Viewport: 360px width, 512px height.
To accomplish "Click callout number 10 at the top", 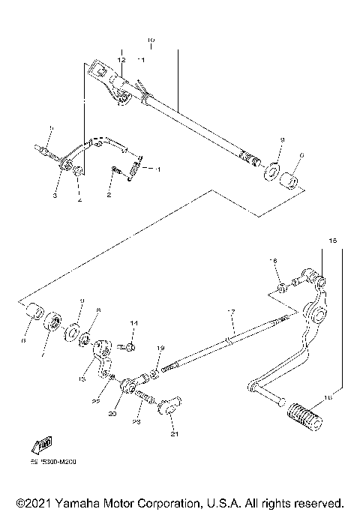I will tap(150, 40).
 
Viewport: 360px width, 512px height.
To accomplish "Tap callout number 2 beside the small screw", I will tap(109, 195).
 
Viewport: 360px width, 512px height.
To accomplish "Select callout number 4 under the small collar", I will tap(80, 200).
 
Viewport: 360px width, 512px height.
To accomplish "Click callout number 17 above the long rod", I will tap(232, 312).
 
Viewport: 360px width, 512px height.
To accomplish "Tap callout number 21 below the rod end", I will tap(173, 433).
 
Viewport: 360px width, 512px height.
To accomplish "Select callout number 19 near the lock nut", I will tap(159, 349).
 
